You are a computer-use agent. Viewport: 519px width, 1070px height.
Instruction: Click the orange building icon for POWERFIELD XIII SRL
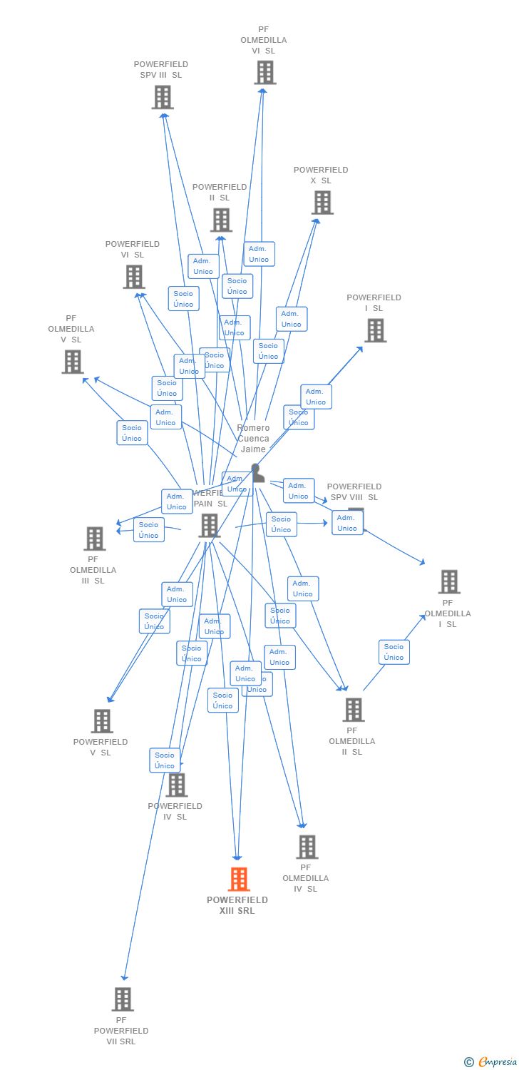239,879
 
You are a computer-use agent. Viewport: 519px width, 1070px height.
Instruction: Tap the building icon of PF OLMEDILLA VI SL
264,72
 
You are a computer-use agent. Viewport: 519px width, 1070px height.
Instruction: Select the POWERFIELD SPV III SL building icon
163,97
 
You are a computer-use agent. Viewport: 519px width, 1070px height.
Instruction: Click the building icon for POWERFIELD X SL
322,203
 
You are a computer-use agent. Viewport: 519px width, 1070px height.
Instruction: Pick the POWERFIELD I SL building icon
375,330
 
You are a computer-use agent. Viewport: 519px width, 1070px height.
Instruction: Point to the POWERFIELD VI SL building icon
134,277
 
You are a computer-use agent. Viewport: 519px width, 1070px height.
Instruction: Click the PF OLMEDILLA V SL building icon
72,362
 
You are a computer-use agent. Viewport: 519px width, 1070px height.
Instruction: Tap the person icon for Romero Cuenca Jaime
257,472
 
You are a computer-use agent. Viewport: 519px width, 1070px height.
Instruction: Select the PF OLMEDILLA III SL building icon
94,539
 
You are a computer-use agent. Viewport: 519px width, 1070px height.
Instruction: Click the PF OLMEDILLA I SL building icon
448,581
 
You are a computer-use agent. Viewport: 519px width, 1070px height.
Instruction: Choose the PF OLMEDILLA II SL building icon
353,709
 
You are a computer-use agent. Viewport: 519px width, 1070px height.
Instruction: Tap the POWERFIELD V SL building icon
102,721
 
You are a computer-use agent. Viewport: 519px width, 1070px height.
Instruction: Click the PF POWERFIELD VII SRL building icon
123,999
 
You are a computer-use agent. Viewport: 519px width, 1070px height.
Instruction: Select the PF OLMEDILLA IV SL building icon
307,847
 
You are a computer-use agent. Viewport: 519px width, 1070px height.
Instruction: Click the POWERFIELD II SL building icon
221,220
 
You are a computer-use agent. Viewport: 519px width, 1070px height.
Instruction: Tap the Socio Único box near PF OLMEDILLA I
394,652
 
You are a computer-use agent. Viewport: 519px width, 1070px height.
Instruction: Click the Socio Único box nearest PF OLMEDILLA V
132,433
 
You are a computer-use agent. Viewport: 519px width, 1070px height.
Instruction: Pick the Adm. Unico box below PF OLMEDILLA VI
259,254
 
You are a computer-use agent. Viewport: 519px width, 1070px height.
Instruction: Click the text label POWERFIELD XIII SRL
237,905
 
